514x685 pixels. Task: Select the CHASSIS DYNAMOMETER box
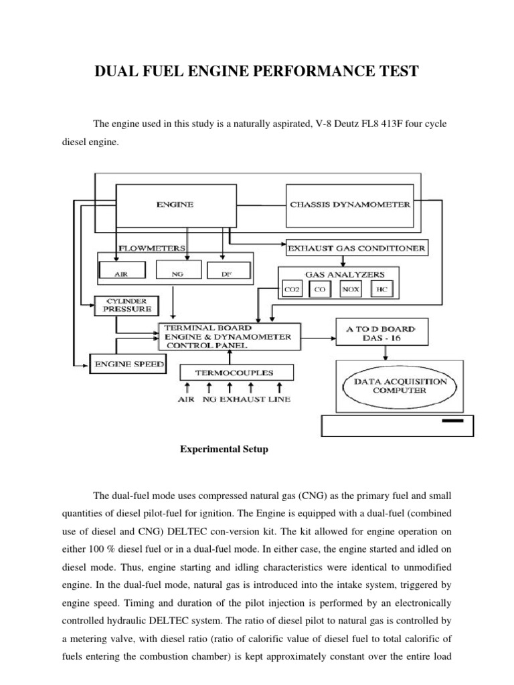[x=350, y=205]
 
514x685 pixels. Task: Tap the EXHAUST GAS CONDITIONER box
[x=355, y=248]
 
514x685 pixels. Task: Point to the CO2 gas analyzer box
[x=292, y=290]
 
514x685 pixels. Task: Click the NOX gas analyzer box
[x=351, y=290]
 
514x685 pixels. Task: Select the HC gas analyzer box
[x=381, y=290]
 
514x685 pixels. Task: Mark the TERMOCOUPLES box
[x=228, y=372]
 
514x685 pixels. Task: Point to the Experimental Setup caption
[x=224, y=450]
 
